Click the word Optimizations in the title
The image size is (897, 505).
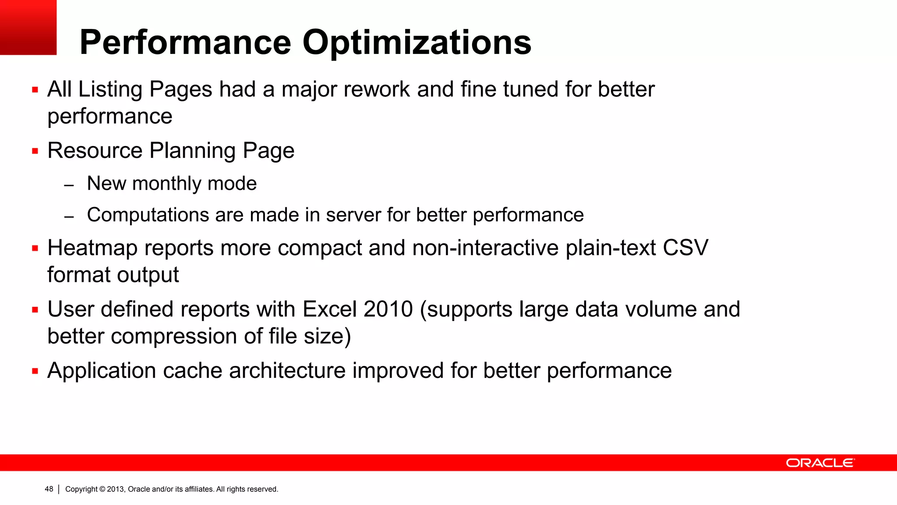tap(417, 43)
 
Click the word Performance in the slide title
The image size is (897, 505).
tap(185, 43)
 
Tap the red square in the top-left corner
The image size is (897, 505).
tap(28, 27)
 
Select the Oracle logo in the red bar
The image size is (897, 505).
tap(819, 463)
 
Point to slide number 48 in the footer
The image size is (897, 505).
tap(49, 489)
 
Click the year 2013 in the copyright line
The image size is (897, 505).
tap(116, 489)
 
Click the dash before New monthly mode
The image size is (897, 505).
tap(69, 185)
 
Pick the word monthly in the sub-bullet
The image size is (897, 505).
tap(167, 183)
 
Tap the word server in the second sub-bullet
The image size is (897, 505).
tap(353, 215)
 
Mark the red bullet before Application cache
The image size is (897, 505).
tap(35, 371)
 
